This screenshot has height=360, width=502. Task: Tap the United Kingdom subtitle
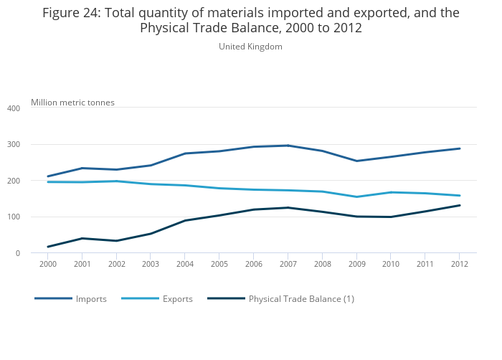point(250,47)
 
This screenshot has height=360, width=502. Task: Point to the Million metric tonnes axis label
point(72,103)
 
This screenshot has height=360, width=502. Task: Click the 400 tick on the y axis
point(14,108)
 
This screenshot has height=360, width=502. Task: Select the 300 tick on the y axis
point(14,145)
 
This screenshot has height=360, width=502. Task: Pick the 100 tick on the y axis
point(14,217)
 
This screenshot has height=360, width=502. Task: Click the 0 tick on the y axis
point(17,253)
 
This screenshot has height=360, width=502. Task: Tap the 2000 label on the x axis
point(48,265)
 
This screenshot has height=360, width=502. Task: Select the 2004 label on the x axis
point(185,265)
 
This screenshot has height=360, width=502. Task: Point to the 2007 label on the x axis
point(288,265)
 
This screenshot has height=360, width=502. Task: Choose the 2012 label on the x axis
point(459,265)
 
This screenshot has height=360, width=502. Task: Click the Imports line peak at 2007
point(288,146)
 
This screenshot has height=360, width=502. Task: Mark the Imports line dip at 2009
point(356,161)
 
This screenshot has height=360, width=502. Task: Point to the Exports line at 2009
point(356,196)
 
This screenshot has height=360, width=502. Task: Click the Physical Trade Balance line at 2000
point(48,247)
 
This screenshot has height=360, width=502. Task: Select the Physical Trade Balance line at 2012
point(459,205)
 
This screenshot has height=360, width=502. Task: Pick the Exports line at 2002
point(116,181)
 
